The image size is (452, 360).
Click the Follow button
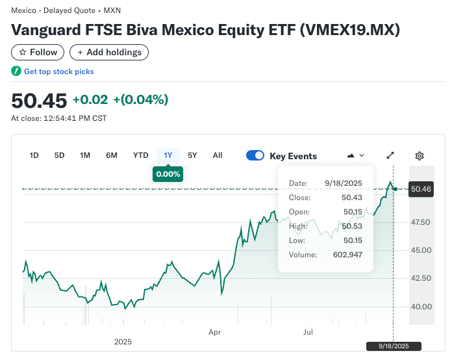[x=38, y=52]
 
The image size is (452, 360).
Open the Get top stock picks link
[x=58, y=71]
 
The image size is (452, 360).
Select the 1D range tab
[x=34, y=155]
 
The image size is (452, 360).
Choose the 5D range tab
[x=60, y=155]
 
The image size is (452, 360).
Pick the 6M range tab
[x=112, y=155]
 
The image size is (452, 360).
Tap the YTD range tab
[x=140, y=155]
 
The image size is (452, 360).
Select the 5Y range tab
[x=192, y=155]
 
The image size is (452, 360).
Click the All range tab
[x=218, y=155]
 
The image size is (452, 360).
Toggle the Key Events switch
[x=255, y=156]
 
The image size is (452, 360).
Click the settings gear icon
[x=420, y=156]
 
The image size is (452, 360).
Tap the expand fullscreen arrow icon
[x=390, y=156]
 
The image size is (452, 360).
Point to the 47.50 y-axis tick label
[x=421, y=222]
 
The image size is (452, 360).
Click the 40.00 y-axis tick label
[x=421, y=307]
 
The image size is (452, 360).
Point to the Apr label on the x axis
[x=215, y=332]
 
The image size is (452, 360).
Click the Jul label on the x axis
[x=308, y=332]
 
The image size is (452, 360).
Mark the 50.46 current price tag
[x=420, y=189]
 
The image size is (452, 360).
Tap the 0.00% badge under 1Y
[x=168, y=174]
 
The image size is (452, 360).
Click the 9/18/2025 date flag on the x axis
[x=394, y=346]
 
